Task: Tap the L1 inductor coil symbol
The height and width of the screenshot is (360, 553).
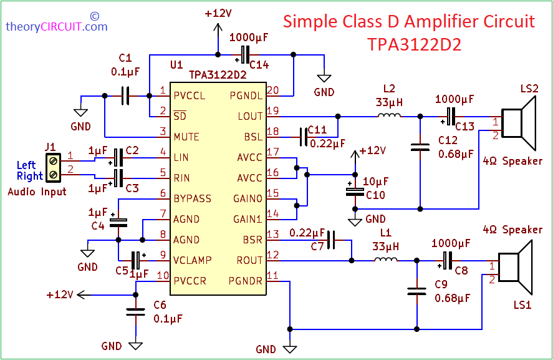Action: [385, 260]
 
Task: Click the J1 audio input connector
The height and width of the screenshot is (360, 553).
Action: [53, 165]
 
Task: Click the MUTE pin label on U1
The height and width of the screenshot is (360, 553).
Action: [186, 137]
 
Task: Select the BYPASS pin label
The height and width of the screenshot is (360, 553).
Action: [193, 198]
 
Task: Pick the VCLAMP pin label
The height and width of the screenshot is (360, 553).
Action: [193, 260]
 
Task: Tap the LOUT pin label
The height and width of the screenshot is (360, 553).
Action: [250, 116]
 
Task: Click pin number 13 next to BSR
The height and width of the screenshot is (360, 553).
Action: [272, 235]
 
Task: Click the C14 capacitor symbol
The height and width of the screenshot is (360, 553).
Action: [246, 54]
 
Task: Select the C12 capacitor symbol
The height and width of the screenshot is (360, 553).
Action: [420, 148]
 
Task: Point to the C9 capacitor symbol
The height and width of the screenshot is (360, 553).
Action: [415, 291]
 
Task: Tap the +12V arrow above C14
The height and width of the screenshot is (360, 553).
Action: [218, 28]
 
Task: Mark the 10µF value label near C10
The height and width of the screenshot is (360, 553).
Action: [377, 182]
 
